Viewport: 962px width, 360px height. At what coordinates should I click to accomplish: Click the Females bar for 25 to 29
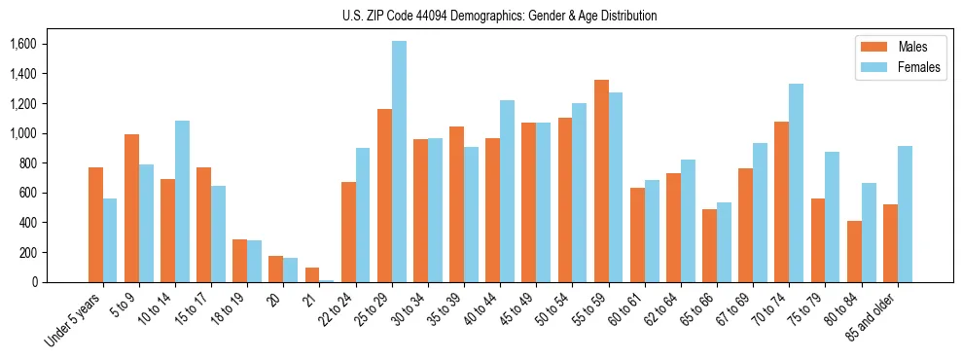tap(399, 162)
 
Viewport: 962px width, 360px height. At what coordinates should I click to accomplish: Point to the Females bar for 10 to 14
tap(182, 201)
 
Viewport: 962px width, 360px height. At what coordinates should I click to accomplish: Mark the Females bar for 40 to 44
tap(507, 191)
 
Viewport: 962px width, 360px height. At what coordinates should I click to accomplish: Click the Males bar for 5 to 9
tap(131, 208)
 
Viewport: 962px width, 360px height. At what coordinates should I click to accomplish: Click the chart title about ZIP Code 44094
tap(499, 16)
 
